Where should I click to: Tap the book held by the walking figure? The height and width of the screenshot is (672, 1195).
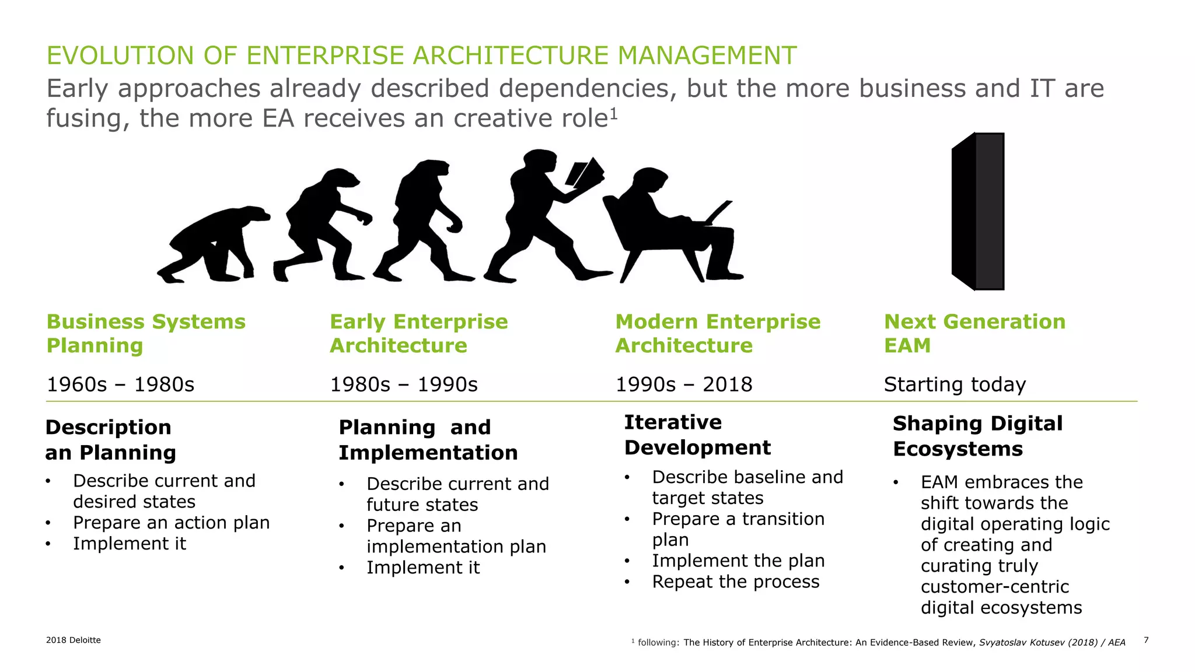point(585,173)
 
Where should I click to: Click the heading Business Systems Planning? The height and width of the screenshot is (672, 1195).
point(146,333)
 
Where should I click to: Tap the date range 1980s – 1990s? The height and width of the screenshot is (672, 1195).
point(404,384)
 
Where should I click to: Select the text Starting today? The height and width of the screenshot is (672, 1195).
point(955,384)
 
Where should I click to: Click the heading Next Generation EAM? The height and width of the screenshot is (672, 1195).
point(974,333)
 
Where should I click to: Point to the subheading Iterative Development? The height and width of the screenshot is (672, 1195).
point(697,435)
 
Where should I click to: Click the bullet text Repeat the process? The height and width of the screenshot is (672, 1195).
point(735,582)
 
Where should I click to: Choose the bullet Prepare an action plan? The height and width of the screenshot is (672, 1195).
point(171,523)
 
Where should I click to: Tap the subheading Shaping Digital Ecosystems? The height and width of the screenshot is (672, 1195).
point(977,436)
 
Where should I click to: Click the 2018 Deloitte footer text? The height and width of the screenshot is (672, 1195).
point(74,640)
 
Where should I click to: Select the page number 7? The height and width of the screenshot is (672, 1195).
point(1146,640)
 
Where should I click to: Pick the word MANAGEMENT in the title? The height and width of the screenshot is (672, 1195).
point(707,56)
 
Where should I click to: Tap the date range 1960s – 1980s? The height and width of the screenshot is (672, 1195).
point(120,384)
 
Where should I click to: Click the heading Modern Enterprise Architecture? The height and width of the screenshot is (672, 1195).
point(718,333)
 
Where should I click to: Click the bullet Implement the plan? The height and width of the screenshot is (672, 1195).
point(738,561)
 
